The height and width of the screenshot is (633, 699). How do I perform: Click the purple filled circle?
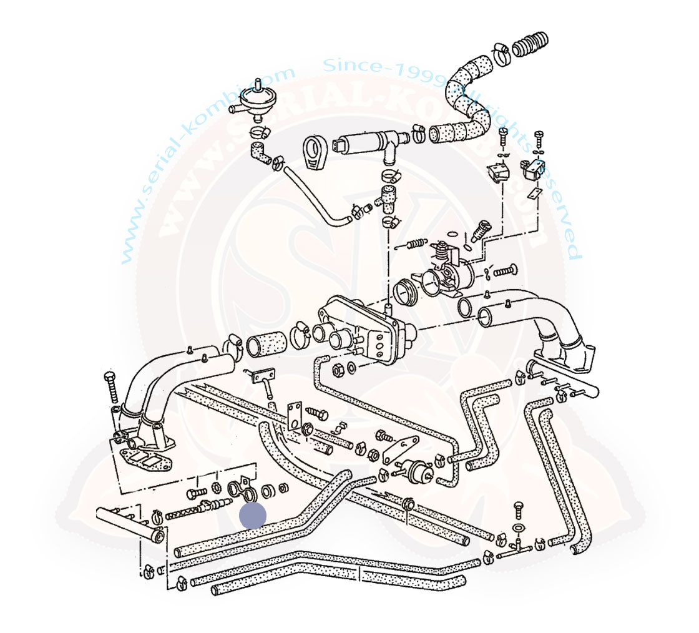(253, 516)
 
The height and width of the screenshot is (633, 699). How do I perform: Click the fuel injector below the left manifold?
(211, 504)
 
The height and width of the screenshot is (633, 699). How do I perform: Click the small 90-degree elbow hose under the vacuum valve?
(259, 152)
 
